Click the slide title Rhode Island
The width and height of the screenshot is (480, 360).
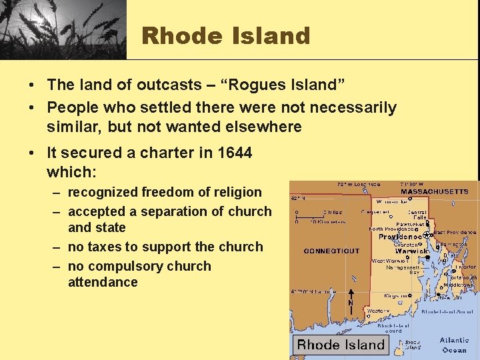pos(226,35)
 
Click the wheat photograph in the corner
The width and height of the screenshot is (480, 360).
pos(63,29)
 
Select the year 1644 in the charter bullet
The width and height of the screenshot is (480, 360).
pos(235,153)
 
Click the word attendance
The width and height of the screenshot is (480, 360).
pos(103,282)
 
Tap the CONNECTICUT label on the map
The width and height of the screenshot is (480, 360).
pos(331,251)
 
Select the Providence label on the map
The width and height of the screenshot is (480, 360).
pos(400,237)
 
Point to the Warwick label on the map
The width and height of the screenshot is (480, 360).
pos(411,251)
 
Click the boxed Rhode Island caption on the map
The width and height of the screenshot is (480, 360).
pos(341,345)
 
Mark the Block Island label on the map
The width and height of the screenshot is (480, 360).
pos(413,345)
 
